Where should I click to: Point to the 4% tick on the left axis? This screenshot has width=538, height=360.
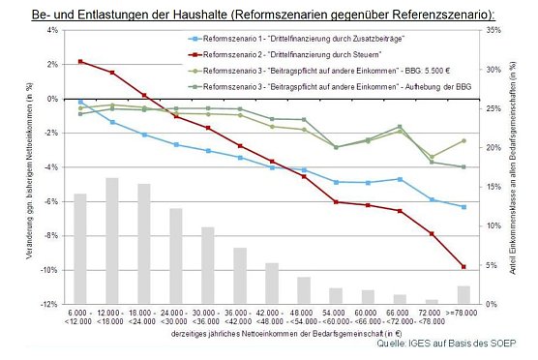[x=54, y=30]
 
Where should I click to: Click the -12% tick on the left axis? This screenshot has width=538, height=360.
[x=52, y=304]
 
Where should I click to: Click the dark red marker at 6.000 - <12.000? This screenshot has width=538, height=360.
[x=80, y=62]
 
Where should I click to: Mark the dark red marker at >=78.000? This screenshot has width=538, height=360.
[x=463, y=267]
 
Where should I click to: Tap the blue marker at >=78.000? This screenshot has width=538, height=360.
[x=463, y=207]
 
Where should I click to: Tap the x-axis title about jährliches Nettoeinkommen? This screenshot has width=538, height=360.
[x=271, y=332]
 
